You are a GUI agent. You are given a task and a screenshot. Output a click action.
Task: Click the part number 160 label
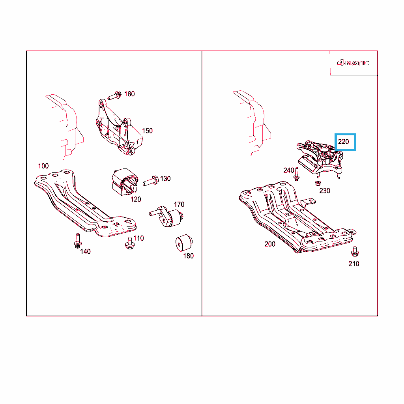(x=129, y=94)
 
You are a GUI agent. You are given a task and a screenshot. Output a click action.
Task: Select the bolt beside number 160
(x=114, y=96)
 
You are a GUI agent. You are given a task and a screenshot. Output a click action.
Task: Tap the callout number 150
(x=148, y=131)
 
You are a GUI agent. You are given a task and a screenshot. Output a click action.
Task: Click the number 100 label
(x=43, y=166)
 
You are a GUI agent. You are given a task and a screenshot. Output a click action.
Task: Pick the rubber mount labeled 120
(x=125, y=181)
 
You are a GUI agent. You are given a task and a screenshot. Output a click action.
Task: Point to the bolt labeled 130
(x=151, y=181)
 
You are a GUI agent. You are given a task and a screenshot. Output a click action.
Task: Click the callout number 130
(x=165, y=179)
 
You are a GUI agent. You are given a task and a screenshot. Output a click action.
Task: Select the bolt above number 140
(x=78, y=241)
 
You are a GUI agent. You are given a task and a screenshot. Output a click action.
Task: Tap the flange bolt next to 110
(x=129, y=243)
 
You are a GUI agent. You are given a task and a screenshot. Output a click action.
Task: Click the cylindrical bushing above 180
(x=184, y=243)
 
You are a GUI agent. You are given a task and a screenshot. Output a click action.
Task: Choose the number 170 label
(x=179, y=205)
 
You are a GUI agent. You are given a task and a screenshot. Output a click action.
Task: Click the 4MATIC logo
(x=353, y=63)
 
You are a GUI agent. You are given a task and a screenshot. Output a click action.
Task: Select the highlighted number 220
(x=344, y=142)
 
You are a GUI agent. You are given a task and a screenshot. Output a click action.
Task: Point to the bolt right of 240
(x=297, y=174)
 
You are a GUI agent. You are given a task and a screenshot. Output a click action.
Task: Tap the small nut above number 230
(x=318, y=183)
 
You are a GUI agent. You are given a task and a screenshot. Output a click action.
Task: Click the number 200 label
(x=270, y=244)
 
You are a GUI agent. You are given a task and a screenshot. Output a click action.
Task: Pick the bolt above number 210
(x=355, y=251)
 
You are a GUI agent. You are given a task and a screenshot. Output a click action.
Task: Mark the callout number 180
(x=188, y=256)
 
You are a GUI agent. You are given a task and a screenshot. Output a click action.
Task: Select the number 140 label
(x=85, y=252)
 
